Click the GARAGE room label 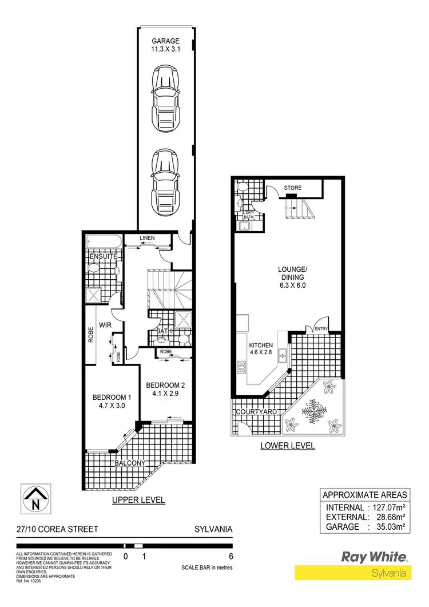[x=165, y=41]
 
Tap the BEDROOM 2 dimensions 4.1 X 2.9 [x=164, y=394]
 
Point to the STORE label [x=293, y=188]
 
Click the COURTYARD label [x=255, y=411]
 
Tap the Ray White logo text [x=374, y=556]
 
